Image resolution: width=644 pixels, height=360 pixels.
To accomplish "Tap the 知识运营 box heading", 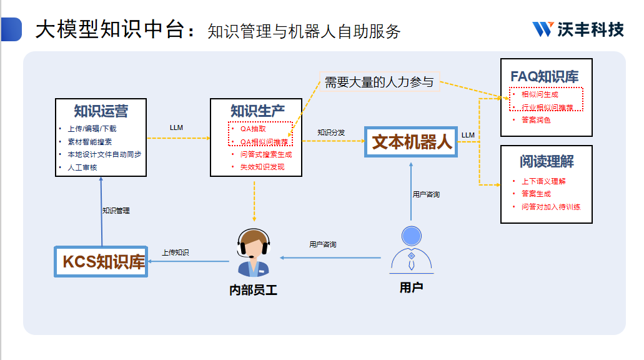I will click(101, 111).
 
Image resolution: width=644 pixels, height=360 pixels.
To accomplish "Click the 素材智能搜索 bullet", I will click(90, 142).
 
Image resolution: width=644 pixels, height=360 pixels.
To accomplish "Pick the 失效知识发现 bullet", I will click(262, 167).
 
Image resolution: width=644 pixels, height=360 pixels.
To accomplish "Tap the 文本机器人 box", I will click(412, 142).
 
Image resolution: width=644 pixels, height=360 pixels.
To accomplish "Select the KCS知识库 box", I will click(103, 261).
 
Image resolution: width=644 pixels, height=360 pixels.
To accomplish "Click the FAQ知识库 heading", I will click(545, 77).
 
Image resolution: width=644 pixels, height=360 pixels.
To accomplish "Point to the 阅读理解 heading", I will click(546, 161).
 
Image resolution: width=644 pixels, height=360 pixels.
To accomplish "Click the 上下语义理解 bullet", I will click(543, 181).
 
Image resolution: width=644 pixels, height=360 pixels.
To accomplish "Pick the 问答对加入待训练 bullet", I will click(550, 206).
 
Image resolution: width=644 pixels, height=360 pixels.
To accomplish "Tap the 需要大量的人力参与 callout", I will click(379, 82).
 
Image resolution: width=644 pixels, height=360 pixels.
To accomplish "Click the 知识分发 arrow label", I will click(331, 132).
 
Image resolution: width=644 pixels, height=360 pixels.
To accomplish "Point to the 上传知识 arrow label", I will click(176, 252).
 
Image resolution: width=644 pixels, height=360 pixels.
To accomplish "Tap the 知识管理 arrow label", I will click(116, 211).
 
